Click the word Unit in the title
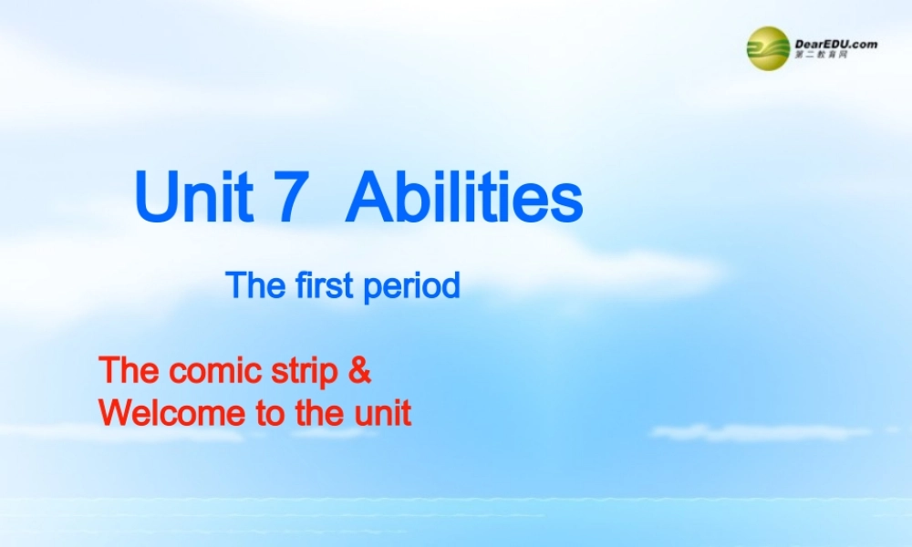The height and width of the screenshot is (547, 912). coord(194,199)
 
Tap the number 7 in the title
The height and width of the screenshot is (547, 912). coord(285,199)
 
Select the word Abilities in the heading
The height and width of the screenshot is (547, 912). coord(463,199)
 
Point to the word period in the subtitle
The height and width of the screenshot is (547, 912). coord(412,287)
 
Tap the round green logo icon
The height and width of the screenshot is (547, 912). coord(768,47)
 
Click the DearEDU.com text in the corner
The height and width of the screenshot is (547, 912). coord(835,43)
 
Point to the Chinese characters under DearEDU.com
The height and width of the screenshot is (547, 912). coord(822,56)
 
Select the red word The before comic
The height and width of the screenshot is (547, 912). coord(128,371)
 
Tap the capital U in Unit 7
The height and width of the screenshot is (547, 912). coord(153,199)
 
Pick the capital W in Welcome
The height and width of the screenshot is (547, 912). coord(116,413)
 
